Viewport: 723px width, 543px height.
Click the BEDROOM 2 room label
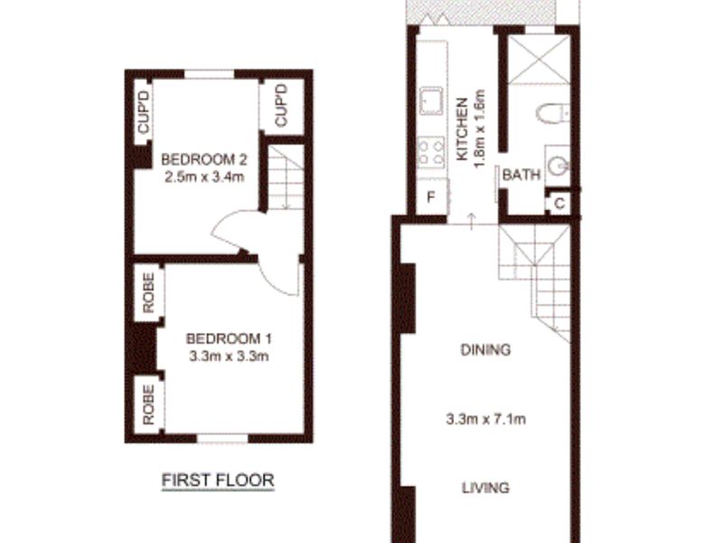(204, 160)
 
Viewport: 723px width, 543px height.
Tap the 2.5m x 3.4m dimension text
(204, 176)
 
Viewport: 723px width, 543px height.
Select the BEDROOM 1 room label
(229, 338)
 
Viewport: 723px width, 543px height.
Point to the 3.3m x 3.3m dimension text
(229, 356)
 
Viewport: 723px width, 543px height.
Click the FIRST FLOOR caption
(217, 481)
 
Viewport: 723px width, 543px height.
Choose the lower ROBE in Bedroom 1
(148, 405)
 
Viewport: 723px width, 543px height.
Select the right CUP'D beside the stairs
(280, 107)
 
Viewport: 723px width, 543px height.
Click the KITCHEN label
(462, 129)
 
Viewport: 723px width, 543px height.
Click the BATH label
(521, 176)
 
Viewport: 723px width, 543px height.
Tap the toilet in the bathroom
(550, 113)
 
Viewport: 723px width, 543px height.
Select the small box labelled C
(559, 204)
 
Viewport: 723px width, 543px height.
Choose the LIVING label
(485, 488)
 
